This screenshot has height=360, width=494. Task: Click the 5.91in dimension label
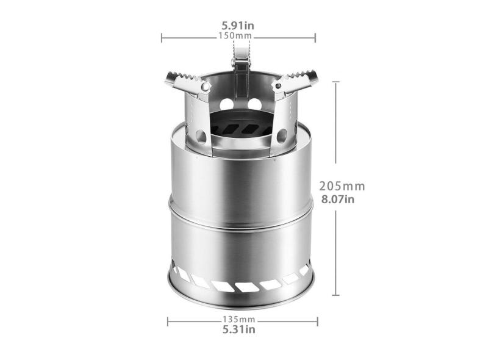pos(238,26)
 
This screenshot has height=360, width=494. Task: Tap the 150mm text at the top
pos(235,35)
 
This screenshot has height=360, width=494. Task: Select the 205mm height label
pos(342,186)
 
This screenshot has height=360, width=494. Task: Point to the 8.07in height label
pos(338,200)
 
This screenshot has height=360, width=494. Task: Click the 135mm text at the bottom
pos(239,319)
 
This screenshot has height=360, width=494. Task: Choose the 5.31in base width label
pos(239,329)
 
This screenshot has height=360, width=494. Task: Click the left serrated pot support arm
pos(188,84)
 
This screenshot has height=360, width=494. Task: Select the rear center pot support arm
pos(241,68)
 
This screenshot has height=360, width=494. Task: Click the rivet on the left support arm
pos(206,87)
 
